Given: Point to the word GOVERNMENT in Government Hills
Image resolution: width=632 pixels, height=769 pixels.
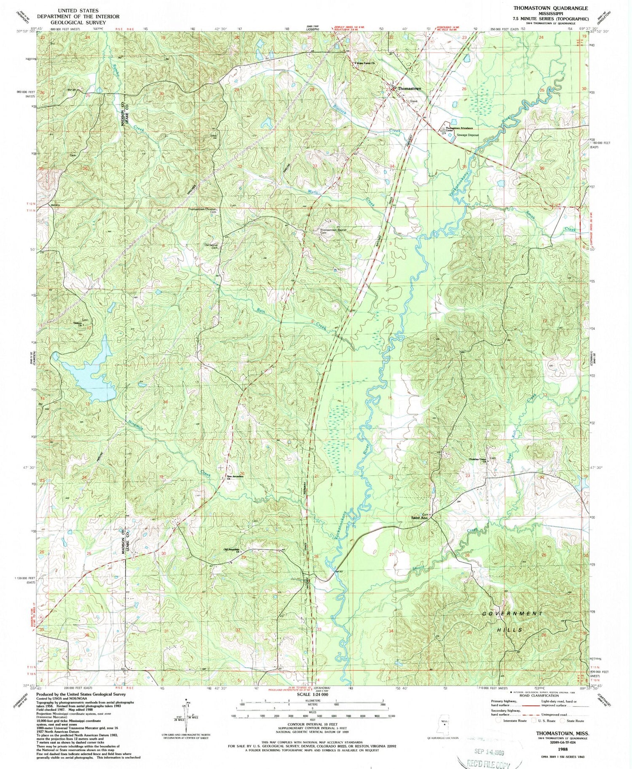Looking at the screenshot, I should [512, 614].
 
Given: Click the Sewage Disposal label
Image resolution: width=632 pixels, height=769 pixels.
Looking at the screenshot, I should [467, 135].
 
